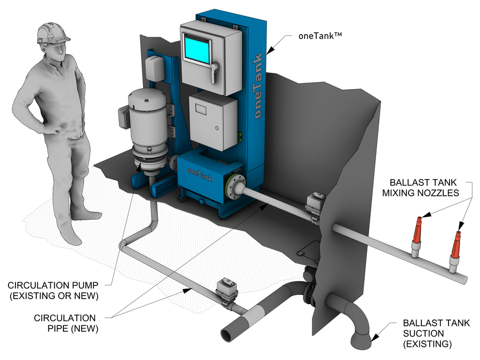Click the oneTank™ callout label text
pyautogui.click(x=319, y=37)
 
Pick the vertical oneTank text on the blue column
pyautogui.click(x=258, y=85)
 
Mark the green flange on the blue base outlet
pyautogui.click(x=233, y=187)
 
